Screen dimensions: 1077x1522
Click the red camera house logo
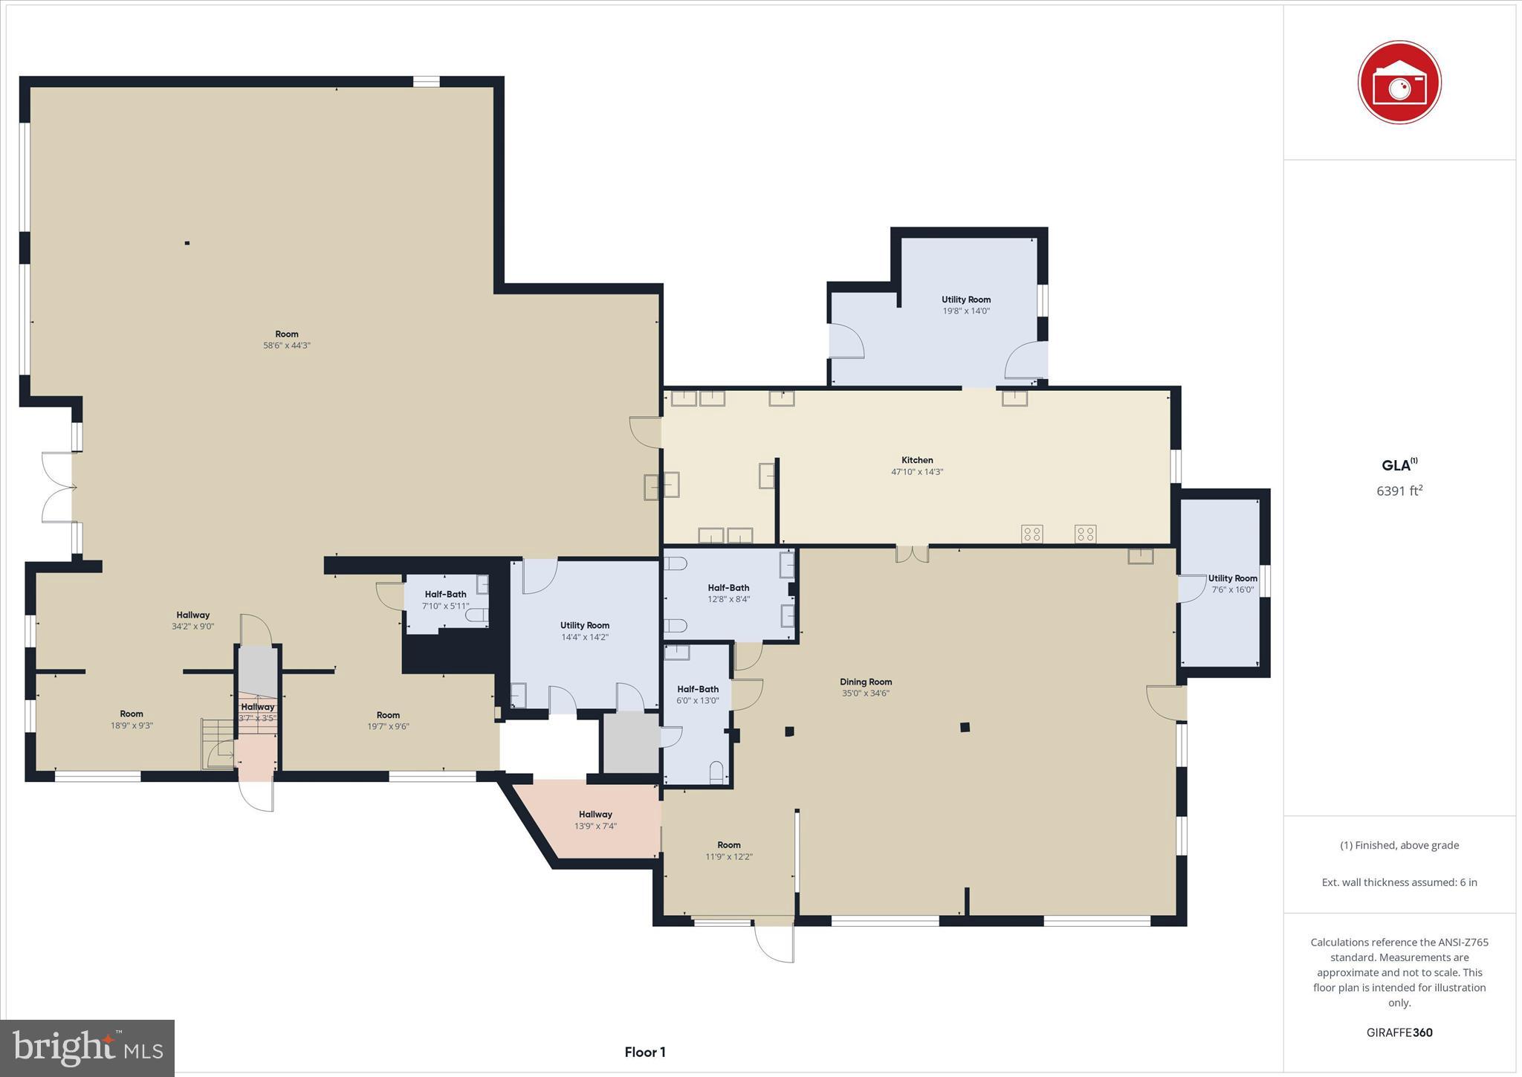point(1399,83)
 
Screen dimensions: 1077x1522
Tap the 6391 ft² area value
point(1399,491)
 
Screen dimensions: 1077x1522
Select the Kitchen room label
point(917,460)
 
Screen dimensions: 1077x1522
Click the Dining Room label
point(865,682)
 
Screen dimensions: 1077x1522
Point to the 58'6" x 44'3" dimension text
point(287,346)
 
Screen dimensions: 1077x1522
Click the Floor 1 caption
point(644,1052)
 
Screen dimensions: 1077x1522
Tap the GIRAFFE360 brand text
point(1399,1032)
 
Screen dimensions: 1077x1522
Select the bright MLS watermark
point(87,1048)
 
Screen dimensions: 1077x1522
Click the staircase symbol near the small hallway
point(217,743)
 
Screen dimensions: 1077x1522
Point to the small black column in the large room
point(187,243)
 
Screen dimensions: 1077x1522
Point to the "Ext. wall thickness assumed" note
point(1399,882)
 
